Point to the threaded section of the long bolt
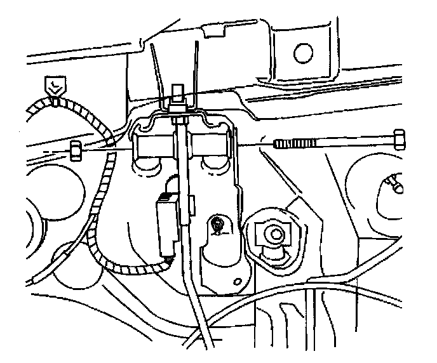297,142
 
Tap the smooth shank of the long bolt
356,140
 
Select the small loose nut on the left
74,151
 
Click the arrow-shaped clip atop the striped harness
55,86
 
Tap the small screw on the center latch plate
218,223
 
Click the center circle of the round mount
274,235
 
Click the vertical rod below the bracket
191,273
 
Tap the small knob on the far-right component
393,184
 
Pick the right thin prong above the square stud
198,60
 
